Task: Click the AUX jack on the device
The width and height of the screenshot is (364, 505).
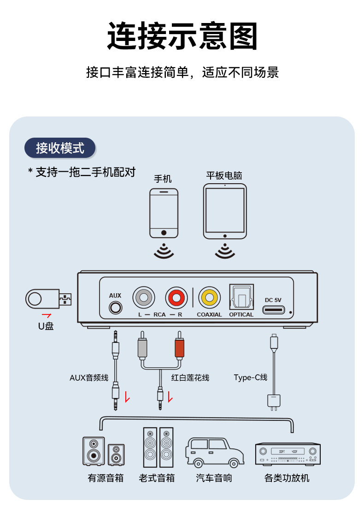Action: click(x=116, y=308)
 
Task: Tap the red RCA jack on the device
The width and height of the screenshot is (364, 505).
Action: click(x=176, y=297)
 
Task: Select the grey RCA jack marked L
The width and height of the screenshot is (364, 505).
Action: click(x=144, y=297)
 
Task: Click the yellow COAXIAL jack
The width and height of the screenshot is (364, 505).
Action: click(x=210, y=297)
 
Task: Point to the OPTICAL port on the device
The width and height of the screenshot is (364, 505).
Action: click(x=241, y=297)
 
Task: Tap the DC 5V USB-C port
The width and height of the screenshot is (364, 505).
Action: click(x=274, y=310)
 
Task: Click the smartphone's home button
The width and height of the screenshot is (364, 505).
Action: click(x=164, y=232)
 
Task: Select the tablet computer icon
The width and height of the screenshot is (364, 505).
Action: click(x=225, y=211)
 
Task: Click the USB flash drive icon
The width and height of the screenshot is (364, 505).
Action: click(x=48, y=299)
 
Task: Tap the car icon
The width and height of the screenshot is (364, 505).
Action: click(x=214, y=453)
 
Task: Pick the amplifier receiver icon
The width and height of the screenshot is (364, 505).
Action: click(x=288, y=454)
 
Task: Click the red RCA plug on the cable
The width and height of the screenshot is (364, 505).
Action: click(x=180, y=346)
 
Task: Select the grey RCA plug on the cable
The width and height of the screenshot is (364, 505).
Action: click(x=142, y=346)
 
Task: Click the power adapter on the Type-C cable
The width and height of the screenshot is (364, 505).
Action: click(x=274, y=401)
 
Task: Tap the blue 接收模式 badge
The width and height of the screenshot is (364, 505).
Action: click(x=60, y=148)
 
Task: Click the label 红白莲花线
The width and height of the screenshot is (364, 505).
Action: click(x=190, y=377)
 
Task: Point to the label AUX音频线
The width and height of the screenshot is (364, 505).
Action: click(x=89, y=377)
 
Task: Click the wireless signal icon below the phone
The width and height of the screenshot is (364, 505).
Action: click(x=164, y=250)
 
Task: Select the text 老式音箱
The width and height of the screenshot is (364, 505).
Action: click(x=157, y=478)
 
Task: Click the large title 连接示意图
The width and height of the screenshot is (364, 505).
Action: click(x=182, y=36)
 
